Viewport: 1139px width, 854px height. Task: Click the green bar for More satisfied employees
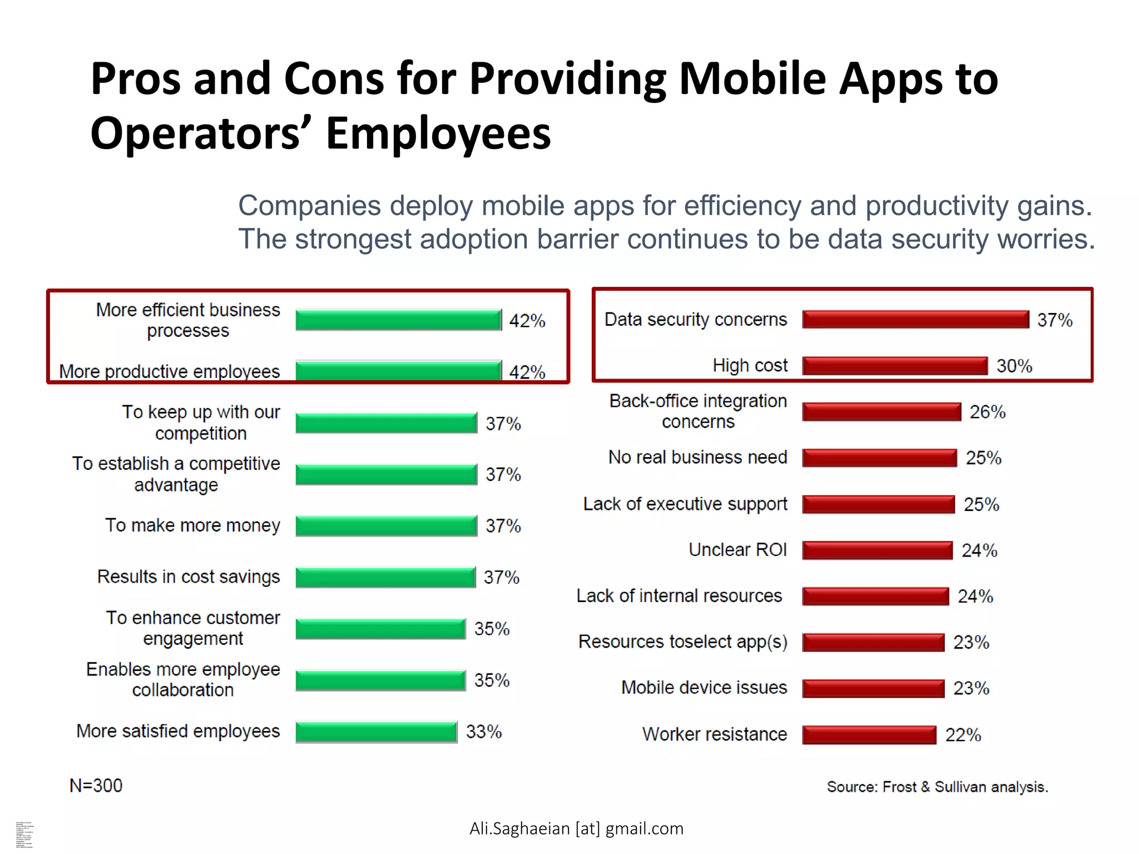pos(377,732)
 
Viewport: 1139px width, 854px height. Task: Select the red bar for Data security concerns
pos(915,320)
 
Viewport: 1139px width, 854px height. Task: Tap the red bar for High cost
pos(895,366)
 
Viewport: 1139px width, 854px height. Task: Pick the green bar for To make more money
pos(387,526)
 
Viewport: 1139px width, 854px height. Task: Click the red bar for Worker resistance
pos(869,735)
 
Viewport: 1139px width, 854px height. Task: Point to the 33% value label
pos(484,732)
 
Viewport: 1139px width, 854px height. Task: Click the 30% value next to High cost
pos(1014,366)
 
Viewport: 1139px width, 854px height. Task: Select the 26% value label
pos(988,412)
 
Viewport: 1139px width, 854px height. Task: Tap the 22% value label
pos(963,735)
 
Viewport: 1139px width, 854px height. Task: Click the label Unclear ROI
pos(737,550)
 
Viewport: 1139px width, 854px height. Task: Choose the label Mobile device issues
pos(704,688)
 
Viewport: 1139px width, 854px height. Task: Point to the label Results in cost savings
pos(189,577)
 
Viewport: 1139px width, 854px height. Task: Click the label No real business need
pos(698,457)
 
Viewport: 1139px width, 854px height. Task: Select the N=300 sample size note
pos(96,786)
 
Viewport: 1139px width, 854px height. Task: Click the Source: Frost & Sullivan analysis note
pos(937,787)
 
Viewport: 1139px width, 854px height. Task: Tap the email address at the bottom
pos(576,828)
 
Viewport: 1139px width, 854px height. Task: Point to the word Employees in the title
pos(438,133)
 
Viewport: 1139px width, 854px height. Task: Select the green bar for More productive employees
pos(398,371)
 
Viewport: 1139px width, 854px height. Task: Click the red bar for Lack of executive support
pos(879,504)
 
